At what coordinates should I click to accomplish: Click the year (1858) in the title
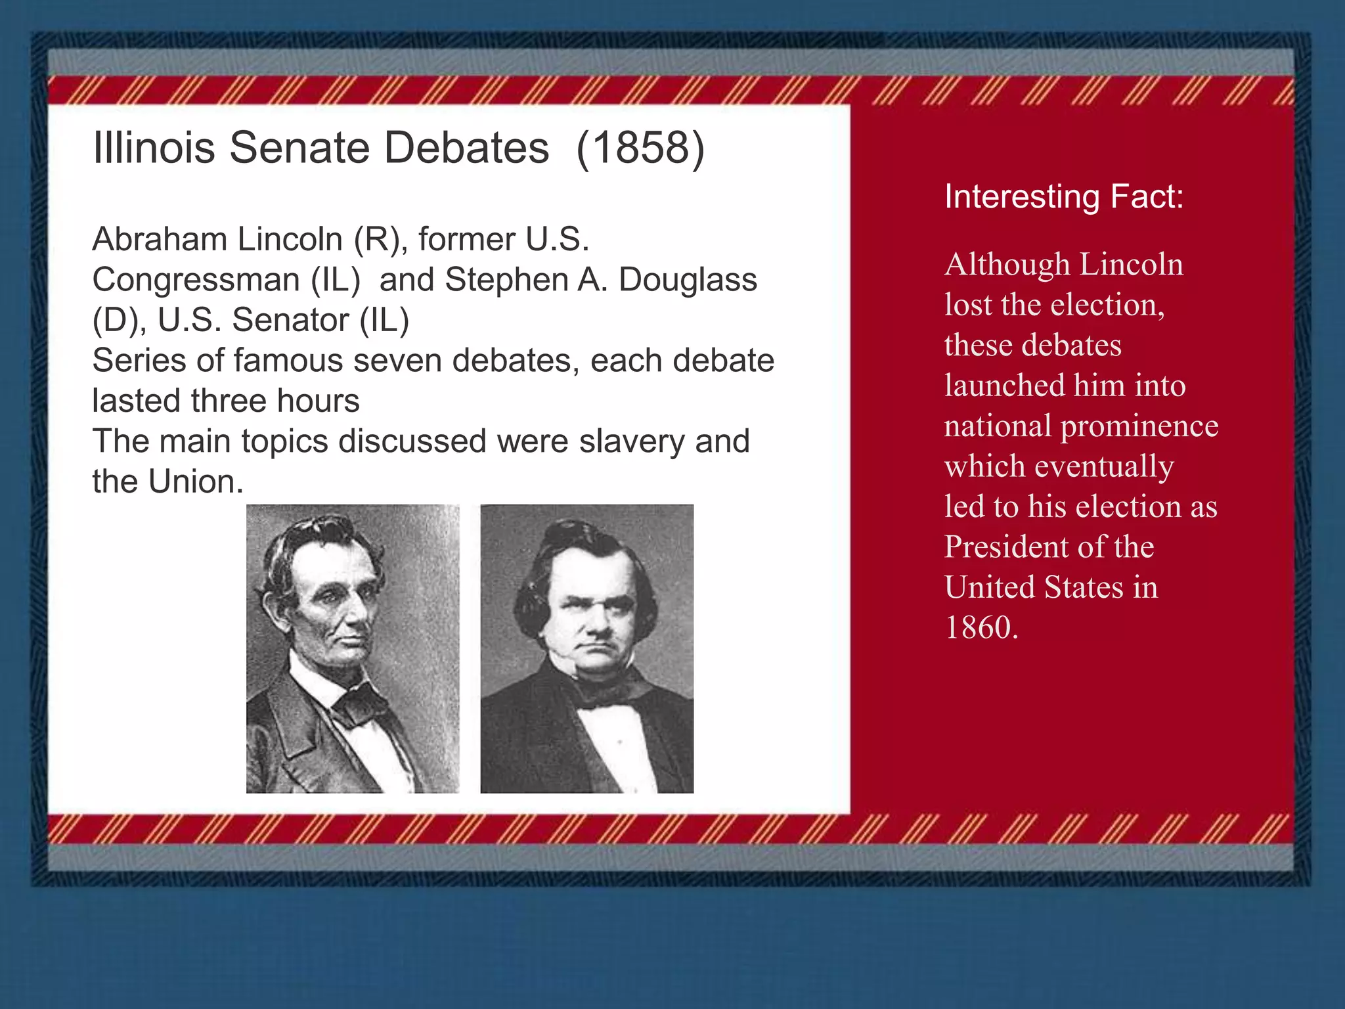tap(640, 148)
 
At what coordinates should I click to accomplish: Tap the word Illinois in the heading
tap(154, 148)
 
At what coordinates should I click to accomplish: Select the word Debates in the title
tap(466, 148)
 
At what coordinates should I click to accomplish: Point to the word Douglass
tap(688, 280)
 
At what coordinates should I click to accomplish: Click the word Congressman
tap(196, 280)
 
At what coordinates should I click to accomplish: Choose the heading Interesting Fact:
tap(1064, 196)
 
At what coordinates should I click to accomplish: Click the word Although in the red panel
tap(1007, 265)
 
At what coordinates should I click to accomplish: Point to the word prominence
tap(1139, 426)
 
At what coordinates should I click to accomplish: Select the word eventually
tap(1104, 467)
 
